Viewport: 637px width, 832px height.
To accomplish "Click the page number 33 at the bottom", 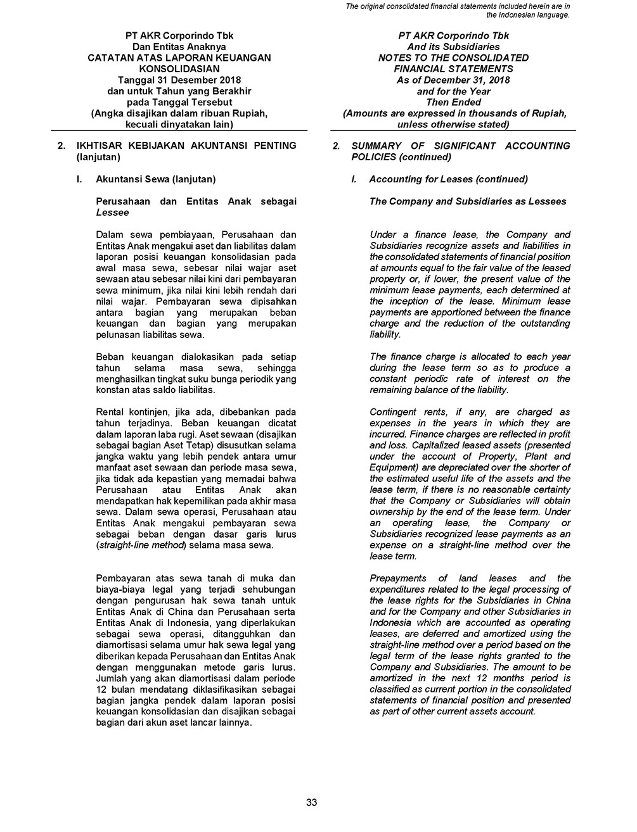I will [311, 802].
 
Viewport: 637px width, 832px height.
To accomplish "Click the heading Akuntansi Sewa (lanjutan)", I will [155, 179].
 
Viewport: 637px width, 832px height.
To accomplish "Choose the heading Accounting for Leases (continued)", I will [448, 179].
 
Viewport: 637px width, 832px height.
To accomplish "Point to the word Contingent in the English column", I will [393, 412].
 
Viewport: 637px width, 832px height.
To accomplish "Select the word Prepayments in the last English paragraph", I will [397, 578].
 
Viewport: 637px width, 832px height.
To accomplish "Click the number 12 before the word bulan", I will [101, 689].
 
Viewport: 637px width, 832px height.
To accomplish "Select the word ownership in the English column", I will [393, 512].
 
